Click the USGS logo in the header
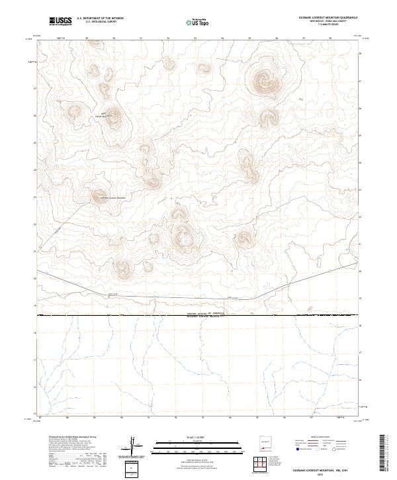pyautogui.click(x=59, y=22)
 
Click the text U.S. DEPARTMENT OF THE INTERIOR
pyautogui.click(x=100, y=19)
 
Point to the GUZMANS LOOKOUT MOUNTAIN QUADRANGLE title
pyautogui.click(x=333, y=19)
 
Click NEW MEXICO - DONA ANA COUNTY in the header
pyautogui.click(x=333, y=23)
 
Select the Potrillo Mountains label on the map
pyautogui.click(x=108, y=116)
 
